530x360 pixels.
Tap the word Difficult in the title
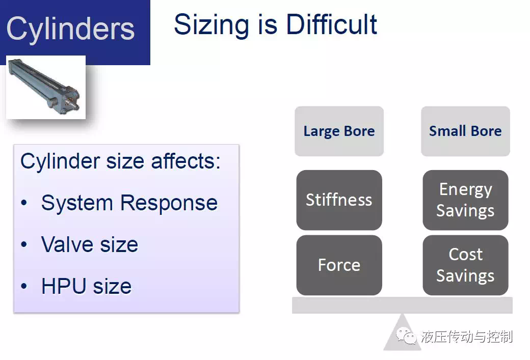pyautogui.click(x=332, y=24)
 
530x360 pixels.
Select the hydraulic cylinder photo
pyautogui.click(x=46, y=88)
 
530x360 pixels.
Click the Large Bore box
pyautogui.click(x=339, y=131)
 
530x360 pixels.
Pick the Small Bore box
pyautogui.click(x=465, y=131)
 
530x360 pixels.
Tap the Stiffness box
pyautogui.click(x=339, y=200)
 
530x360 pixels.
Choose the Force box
pyautogui.click(x=339, y=265)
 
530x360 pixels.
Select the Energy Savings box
pyautogui.click(x=465, y=200)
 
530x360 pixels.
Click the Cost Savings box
pyautogui.click(x=465, y=265)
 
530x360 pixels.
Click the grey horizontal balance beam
pyautogui.click(x=402, y=306)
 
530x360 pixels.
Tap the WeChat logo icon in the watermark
pyautogui.click(x=406, y=336)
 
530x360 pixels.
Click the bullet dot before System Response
pyautogui.click(x=23, y=203)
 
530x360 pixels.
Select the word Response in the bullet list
pyautogui.click(x=169, y=203)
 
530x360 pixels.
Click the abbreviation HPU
pyautogui.click(x=64, y=286)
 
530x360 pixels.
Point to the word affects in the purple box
pyautogui.click(x=185, y=161)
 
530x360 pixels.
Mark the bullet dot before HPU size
pyautogui.click(x=23, y=286)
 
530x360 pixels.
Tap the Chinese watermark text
pyautogui.click(x=467, y=337)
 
